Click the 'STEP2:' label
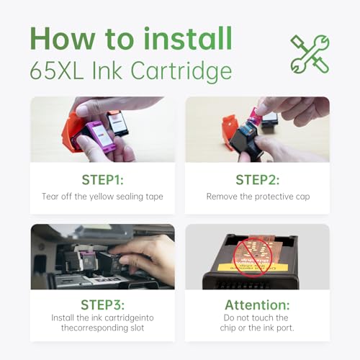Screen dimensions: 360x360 coord(257,178)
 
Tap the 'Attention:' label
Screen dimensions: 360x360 coord(257,305)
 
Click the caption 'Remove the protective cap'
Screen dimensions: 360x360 coord(257,196)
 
